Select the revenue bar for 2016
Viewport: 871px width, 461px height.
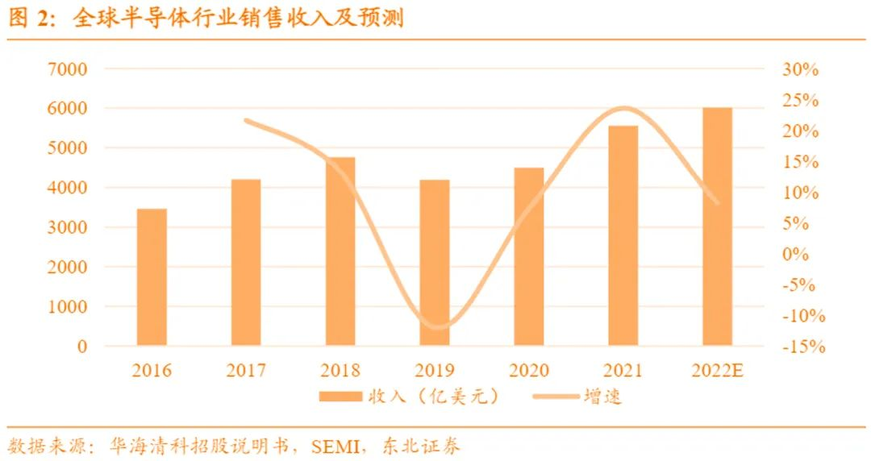point(152,277)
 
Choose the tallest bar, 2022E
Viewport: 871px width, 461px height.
point(717,226)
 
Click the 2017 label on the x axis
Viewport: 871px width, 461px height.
point(246,371)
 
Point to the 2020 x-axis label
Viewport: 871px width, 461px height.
point(529,371)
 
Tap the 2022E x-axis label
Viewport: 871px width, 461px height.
point(718,371)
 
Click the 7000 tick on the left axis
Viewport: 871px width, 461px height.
point(71,69)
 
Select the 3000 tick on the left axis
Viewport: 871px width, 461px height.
point(71,228)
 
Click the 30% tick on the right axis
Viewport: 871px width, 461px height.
point(800,69)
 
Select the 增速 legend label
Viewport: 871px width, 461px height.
point(602,397)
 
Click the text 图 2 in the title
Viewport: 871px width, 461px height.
point(29,19)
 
